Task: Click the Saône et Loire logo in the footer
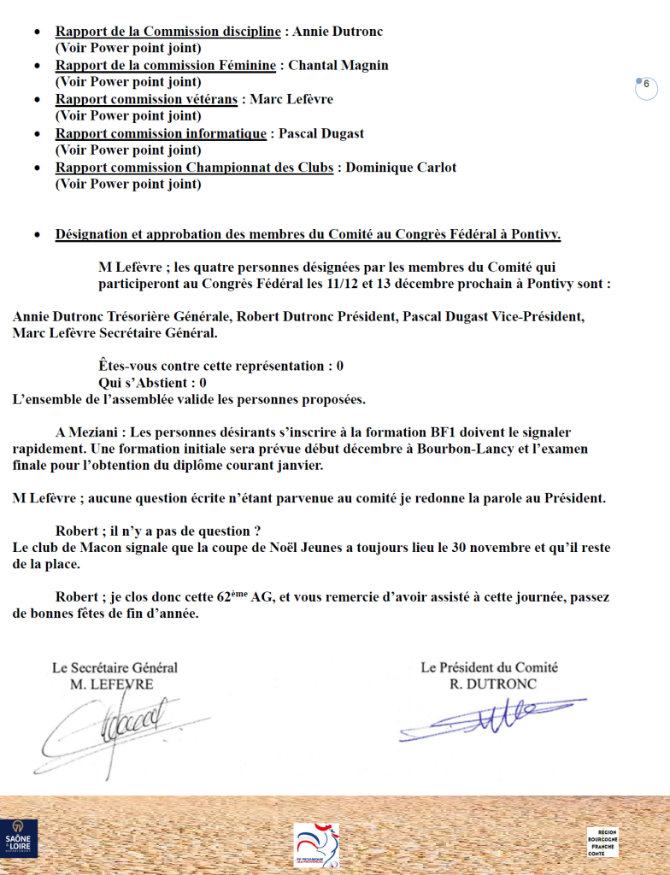coord(18,837)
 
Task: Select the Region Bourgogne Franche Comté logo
coord(602,842)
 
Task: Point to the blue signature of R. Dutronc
coord(487,718)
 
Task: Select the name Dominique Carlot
coord(402,167)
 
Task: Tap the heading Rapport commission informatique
coord(161,133)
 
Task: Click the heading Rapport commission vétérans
coord(146,99)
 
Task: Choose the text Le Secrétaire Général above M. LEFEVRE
coord(115,668)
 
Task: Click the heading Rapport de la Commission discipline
coord(167,32)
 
